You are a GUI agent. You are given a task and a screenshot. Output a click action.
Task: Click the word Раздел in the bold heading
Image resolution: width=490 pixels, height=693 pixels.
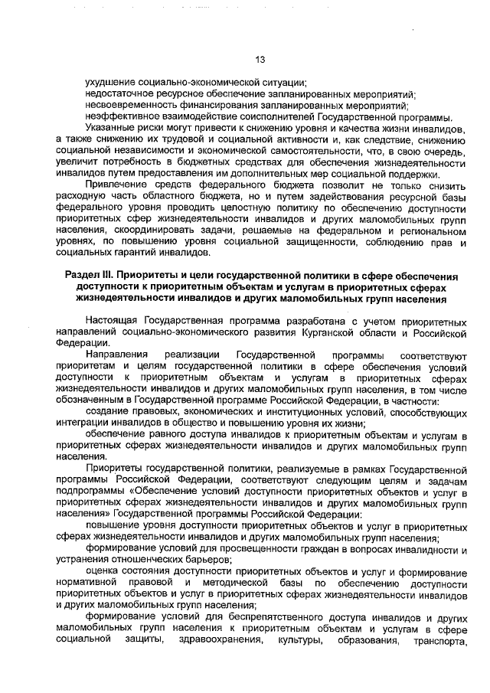(x=77, y=275)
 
